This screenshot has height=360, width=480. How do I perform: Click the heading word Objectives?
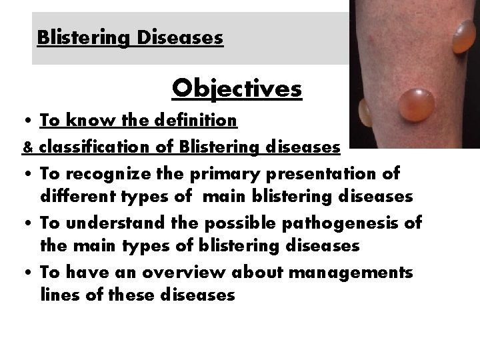tap(237, 88)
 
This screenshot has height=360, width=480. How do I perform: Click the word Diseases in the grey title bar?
tap(180, 37)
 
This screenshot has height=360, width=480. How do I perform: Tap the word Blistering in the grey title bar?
tap(85, 37)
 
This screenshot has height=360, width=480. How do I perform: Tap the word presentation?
tap(329, 174)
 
